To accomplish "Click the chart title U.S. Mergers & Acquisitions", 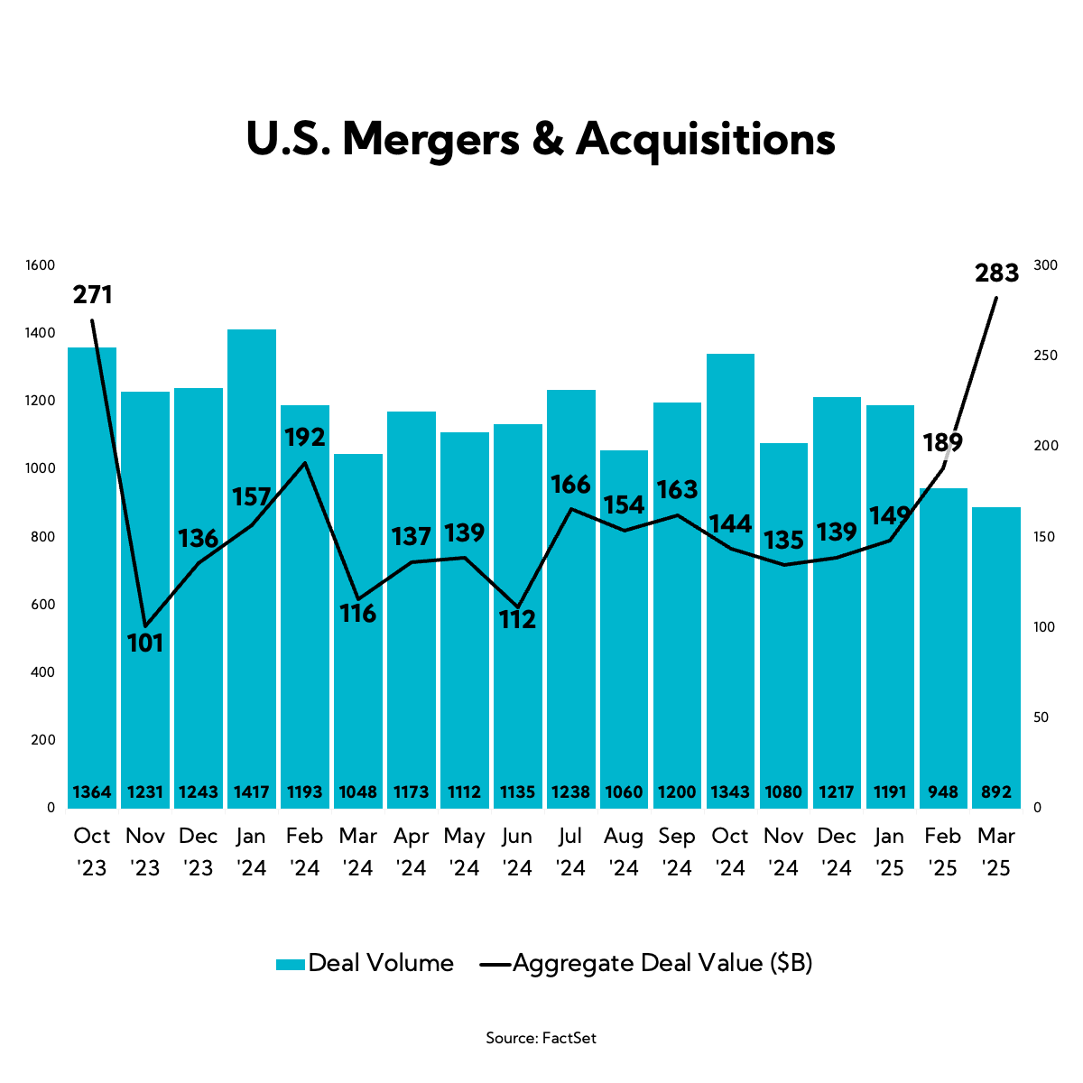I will point(541,140).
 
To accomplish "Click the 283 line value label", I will point(996,273).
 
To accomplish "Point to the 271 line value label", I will point(92,295).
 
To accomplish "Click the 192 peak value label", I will point(304,438).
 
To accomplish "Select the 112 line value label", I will point(517,619).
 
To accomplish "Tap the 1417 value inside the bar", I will point(252,792).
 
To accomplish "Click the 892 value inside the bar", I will point(996,792).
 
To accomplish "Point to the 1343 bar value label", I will point(730,792).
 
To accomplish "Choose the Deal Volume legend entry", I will point(365,963).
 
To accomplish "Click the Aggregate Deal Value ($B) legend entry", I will point(646,963).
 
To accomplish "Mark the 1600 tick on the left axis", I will point(41,265).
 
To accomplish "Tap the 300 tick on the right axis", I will point(1045,265).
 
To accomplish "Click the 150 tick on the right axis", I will point(1045,537).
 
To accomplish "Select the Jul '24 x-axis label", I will point(570,852).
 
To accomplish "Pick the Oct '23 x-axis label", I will point(92,852).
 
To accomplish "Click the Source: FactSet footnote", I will point(541,1038).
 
